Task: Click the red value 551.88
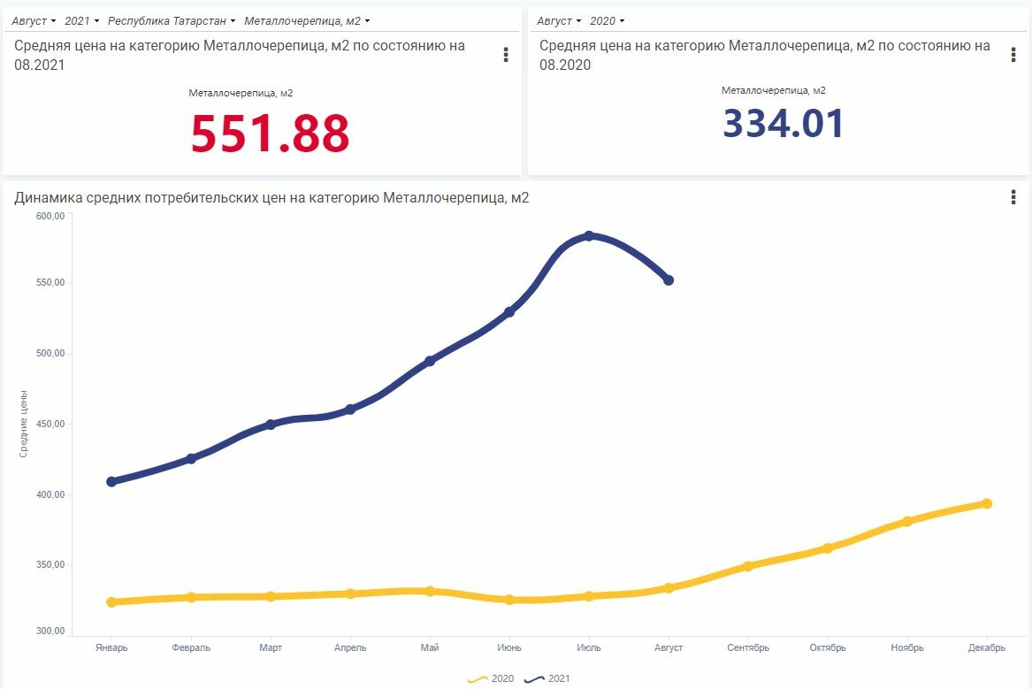point(271,134)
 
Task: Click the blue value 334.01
point(784,124)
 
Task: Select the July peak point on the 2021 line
point(589,236)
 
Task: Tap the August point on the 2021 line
point(669,280)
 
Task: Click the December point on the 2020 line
point(987,504)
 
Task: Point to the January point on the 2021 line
point(111,482)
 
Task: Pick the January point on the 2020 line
point(111,602)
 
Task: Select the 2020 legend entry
point(491,679)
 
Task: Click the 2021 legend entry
point(548,679)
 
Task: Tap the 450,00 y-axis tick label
point(50,424)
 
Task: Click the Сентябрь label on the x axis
point(748,648)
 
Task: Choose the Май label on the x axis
point(430,648)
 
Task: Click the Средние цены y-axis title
point(24,423)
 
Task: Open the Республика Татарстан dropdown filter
point(172,20)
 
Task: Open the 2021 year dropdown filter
point(80,20)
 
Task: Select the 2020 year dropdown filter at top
point(607,20)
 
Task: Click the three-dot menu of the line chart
point(1013,197)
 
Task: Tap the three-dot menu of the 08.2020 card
point(1013,55)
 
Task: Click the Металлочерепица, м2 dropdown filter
point(306,20)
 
